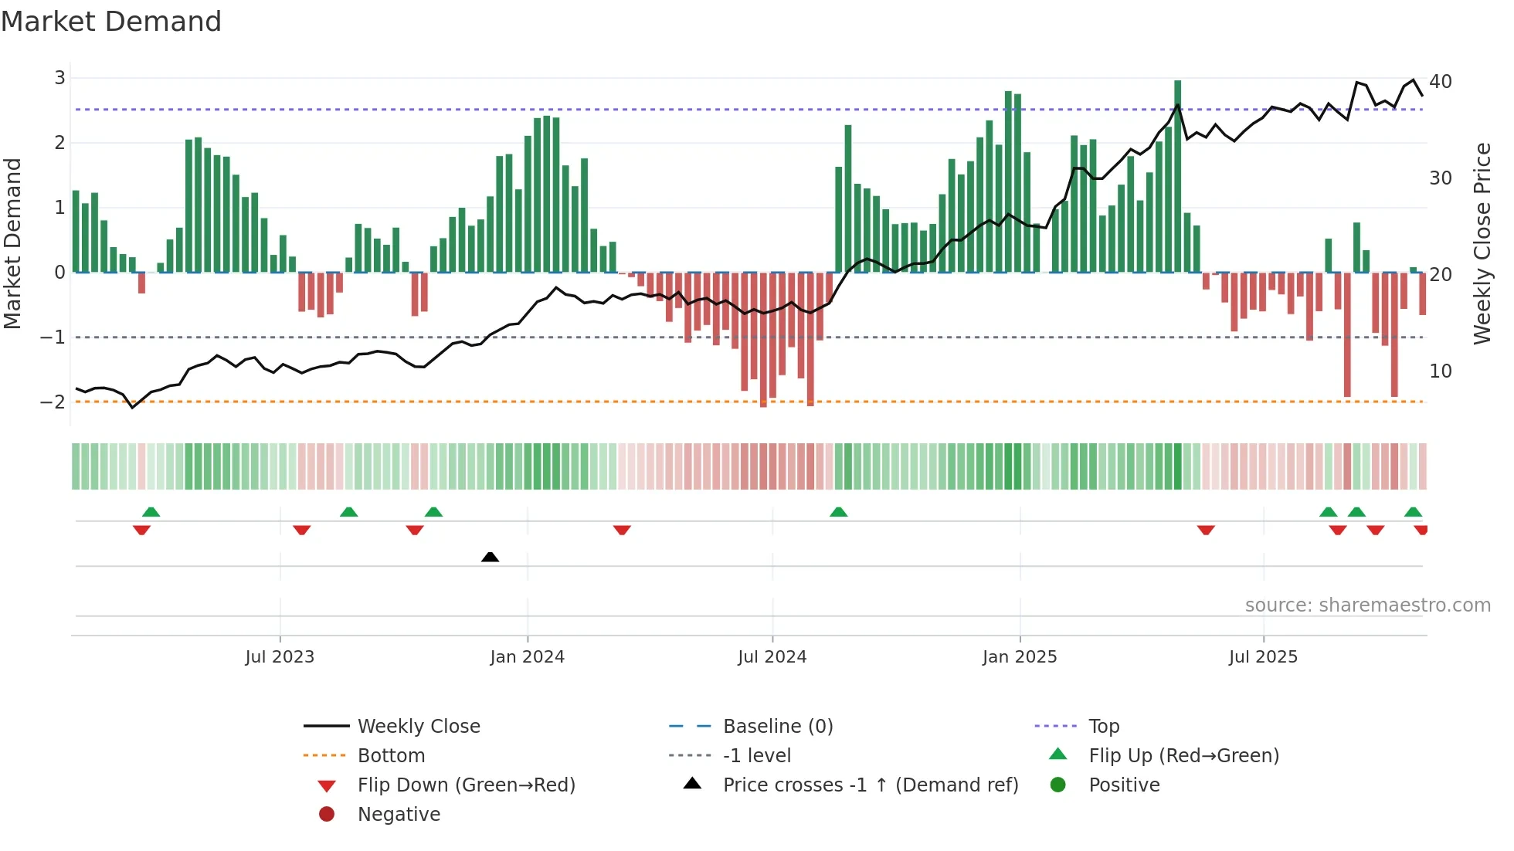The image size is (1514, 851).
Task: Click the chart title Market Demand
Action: point(111,22)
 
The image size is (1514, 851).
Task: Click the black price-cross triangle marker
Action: point(490,557)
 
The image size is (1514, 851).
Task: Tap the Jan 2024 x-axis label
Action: point(527,657)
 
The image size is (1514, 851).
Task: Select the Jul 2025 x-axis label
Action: point(1263,657)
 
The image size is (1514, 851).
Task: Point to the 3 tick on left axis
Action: point(59,77)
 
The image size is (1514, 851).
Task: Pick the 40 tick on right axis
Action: point(1440,81)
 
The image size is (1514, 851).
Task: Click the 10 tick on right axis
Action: point(1440,371)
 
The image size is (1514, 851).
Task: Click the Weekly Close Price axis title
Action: point(1482,243)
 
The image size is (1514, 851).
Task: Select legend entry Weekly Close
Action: point(418,726)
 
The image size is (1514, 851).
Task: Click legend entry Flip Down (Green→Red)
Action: point(466,785)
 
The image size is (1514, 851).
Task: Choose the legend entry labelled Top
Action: point(1103,726)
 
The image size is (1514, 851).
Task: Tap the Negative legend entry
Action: point(399,814)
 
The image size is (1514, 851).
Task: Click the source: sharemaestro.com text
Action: point(1367,605)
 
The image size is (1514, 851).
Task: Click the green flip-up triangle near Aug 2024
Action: point(838,512)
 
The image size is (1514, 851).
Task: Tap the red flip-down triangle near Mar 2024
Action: point(622,530)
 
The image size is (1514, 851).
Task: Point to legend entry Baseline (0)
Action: point(777,726)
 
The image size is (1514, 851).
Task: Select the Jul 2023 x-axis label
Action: point(280,657)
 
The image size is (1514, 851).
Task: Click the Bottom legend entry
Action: point(391,755)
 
